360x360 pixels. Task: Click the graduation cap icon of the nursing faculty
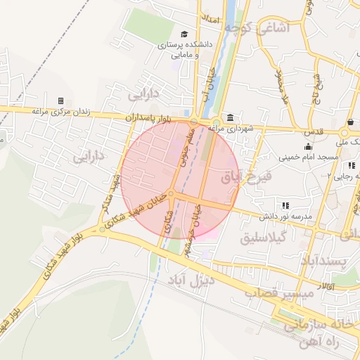[x=184, y=34]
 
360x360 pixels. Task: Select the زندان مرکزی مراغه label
[x=59, y=112]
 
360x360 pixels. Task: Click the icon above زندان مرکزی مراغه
[x=60, y=101]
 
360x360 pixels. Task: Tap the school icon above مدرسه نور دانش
[x=285, y=205]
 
